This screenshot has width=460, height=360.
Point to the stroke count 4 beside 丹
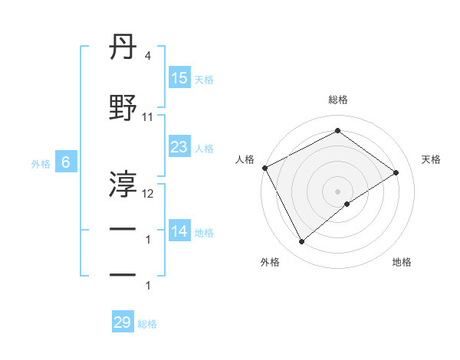coord(147,56)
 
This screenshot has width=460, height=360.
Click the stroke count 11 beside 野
coord(148,117)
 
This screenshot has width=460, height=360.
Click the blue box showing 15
coord(179,78)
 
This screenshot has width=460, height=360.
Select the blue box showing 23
coord(179,147)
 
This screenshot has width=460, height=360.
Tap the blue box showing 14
coord(179,231)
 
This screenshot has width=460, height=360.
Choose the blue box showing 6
coord(66,162)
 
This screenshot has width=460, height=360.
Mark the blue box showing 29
coord(123,322)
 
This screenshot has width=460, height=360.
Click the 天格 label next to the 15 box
coord(204,79)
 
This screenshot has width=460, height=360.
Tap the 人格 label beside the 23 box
coord(204,148)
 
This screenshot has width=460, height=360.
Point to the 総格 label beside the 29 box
coord(147,324)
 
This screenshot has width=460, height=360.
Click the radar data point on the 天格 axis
coord(396,173)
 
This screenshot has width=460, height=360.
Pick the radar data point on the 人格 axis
coord(264,168)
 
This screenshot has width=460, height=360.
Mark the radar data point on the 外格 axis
coord(301,242)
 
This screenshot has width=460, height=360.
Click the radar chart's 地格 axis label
coord(402,263)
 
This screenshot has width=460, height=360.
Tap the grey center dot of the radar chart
coord(337,191)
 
